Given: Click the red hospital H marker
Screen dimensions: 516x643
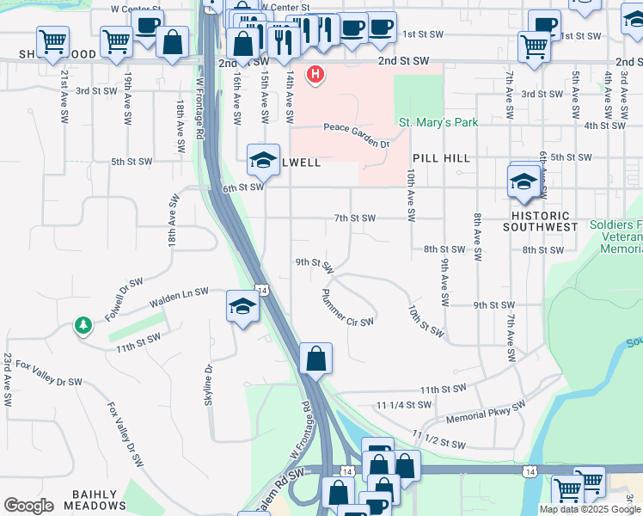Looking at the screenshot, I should pyautogui.click(x=316, y=75).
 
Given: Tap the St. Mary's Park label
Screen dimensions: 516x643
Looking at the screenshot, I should pyautogui.click(x=438, y=123).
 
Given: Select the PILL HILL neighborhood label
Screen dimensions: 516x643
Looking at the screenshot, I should pyautogui.click(x=438, y=159).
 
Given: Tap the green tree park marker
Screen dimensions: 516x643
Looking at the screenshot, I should pyautogui.click(x=83, y=325).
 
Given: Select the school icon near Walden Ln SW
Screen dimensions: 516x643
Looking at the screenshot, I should pyautogui.click(x=242, y=306).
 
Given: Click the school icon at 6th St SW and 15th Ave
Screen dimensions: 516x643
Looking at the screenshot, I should pyautogui.click(x=263, y=159).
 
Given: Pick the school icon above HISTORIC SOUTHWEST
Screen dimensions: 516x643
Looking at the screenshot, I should pyautogui.click(x=523, y=181).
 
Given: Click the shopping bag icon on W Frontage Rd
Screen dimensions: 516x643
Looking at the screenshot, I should pyautogui.click(x=315, y=358).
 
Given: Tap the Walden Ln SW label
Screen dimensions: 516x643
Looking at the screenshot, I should pyautogui.click(x=179, y=298).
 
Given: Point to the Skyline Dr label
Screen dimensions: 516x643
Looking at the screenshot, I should pyautogui.click(x=208, y=389).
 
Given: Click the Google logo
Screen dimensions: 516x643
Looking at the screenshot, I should pyautogui.click(x=28, y=506).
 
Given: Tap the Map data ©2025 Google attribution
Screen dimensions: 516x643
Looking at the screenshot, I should pyautogui.click(x=591, y=509).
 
